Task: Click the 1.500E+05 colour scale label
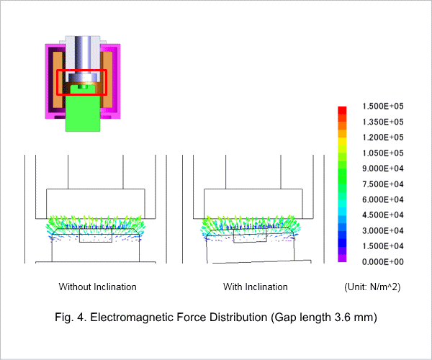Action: (383, 106)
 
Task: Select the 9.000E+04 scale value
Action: (383, 168)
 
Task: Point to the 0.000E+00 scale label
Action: (383, 261)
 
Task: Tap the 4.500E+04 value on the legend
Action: (383, 215)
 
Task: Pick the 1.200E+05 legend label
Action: (383, 138)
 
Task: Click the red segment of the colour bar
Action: (342, 110)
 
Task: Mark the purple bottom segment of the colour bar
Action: (342, 258)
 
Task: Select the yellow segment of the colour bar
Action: (342, 141)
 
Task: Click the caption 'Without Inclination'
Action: (97, 287)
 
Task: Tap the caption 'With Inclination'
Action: (256, 287)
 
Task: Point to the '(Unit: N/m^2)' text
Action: (372, 287)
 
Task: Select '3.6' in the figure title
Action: (341, 318)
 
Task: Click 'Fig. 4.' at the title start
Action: (71, 318)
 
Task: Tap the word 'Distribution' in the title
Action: (238, 318)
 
